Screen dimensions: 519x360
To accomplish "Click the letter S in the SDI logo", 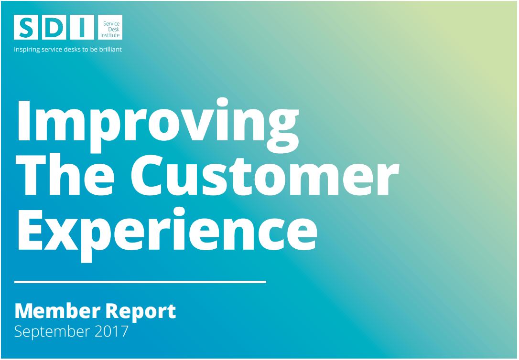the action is coord(26,27).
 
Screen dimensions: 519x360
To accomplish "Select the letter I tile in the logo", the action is coord(82,27).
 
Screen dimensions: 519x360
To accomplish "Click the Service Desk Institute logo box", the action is coord(110,27).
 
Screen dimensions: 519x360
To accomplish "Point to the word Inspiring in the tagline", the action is coord(27,50).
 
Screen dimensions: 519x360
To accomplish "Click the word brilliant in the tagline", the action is coord(110,49).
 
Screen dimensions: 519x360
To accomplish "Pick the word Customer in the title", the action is coord(265,175).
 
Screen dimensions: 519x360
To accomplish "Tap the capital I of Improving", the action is coord(24,120).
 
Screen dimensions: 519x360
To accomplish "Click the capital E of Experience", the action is coord(30,230).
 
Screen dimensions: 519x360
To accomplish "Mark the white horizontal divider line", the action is coord(140,282).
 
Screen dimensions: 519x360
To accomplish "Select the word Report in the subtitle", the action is coord(141,312).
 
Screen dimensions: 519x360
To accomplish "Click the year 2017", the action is coord(111,331).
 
